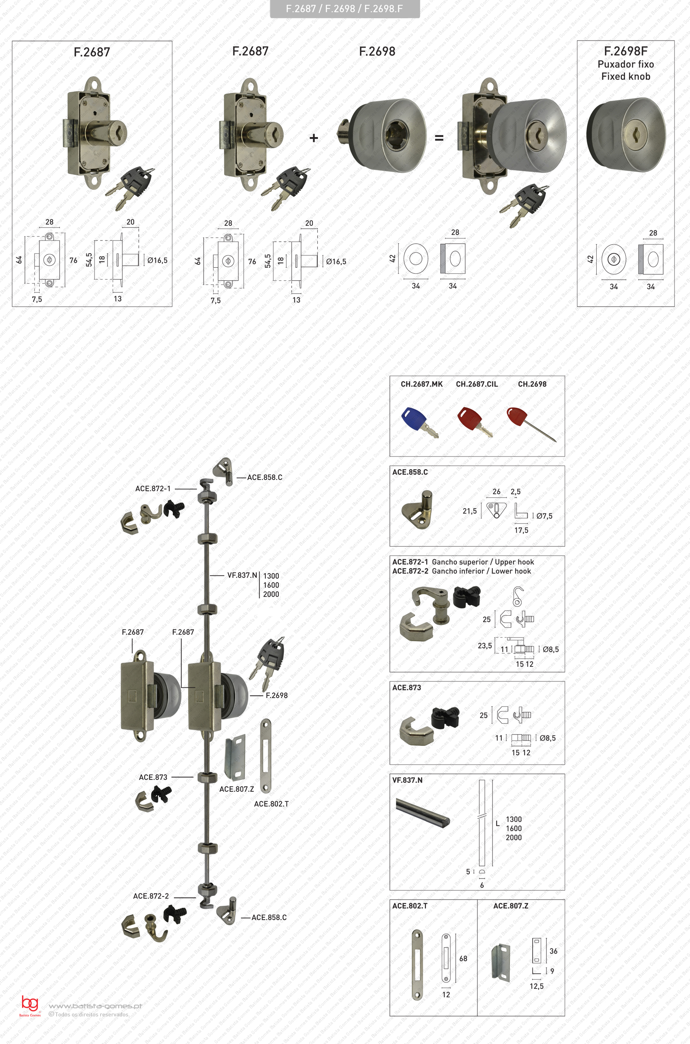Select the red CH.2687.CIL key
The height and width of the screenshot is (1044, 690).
[x=474, y=421]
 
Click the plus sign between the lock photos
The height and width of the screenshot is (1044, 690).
[x=314, y=138]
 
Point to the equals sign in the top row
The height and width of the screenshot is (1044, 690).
[x=439, y=138]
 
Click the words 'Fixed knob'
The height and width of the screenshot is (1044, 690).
[x=626, y=77]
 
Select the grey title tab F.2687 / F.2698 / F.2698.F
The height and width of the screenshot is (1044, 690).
[x=344, y=9]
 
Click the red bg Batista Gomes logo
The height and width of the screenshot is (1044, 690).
[x=30, y=1005]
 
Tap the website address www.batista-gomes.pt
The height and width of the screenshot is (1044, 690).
[x=95, y=1006]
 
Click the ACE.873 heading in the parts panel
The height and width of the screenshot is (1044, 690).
[x=406, y=687]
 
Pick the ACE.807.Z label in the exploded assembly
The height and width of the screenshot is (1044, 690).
[x=237, y=789]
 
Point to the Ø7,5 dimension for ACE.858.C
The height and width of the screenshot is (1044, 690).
[x=544, y=516]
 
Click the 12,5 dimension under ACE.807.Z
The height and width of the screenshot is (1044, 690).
[x=536, y=986]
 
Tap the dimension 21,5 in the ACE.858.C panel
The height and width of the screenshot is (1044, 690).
[x=470, y=511]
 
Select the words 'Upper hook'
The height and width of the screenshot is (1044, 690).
[x=514, y=562]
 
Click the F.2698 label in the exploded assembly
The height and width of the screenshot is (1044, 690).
[x=276, y=696]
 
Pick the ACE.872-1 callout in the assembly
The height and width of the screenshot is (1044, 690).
[x=153, y=489]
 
